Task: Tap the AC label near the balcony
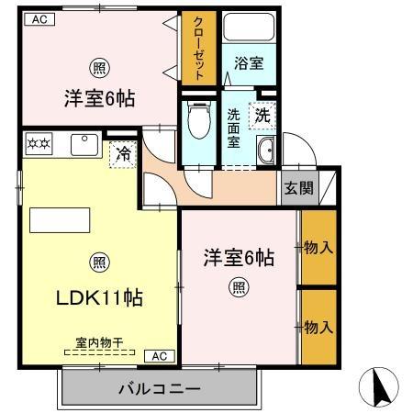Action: (159, 355)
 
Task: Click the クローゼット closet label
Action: (196, 50)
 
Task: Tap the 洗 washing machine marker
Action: (262, 117)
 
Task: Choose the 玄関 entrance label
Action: (296, 188)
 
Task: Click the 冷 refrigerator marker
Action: (121, 153)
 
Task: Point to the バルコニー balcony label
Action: (159, 389)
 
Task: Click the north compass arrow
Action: (382, 388)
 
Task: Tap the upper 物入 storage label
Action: (317, 247)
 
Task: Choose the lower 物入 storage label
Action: (317, 326)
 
